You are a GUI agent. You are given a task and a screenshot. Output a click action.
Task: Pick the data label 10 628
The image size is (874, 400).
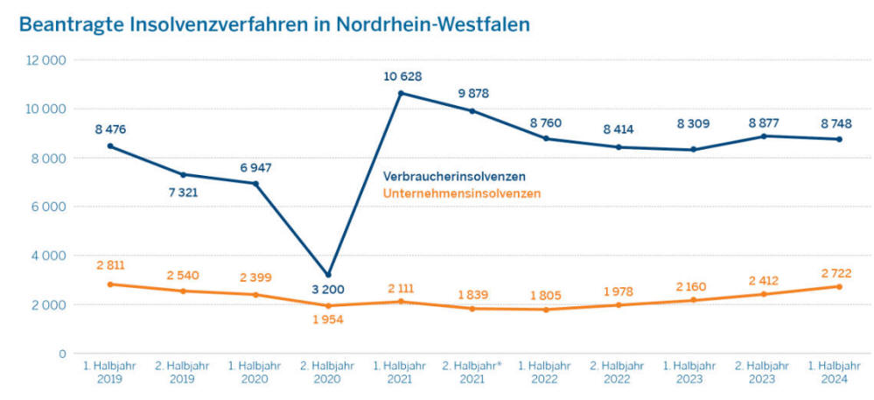click(x=402, y=76)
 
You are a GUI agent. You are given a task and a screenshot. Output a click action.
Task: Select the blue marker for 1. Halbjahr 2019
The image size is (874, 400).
click(x=110, y=146)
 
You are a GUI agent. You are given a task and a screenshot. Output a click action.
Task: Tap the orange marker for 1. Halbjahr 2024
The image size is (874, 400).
click(x=837, y=286)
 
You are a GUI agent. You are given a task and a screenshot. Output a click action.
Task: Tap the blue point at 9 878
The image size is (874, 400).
click(x=473, y=111)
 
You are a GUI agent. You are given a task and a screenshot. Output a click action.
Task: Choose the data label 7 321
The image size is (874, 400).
click(x=183, y=192)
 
